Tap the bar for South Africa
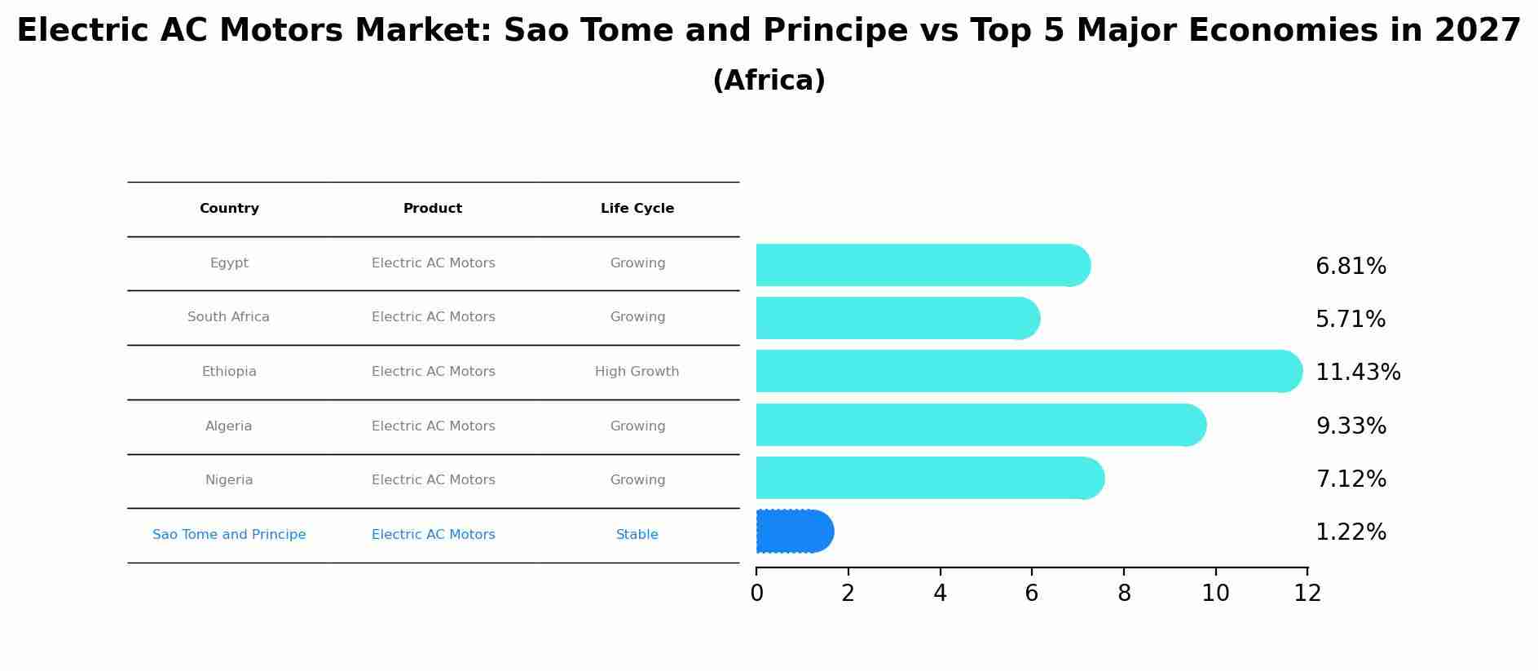pos(897,318)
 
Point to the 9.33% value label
pos(1351,426)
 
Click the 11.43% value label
pos(1357,372)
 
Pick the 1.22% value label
pos(1351,532)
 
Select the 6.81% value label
pos(1351,267)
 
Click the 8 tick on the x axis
pos(1124,593)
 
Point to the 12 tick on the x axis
pos(1307,593)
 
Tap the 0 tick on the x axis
pos(756,593)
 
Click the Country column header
pos(229,209)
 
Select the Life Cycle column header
pos(637,209)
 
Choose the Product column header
pos(433,209)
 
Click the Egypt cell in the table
pos(229,263)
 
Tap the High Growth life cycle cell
pos(637,372)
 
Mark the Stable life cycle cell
pos(637,535)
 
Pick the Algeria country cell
pos(229,426)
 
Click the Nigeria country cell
pos(229,480)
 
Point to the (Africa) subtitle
pos(769,81)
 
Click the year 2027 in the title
pos(1478,31)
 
